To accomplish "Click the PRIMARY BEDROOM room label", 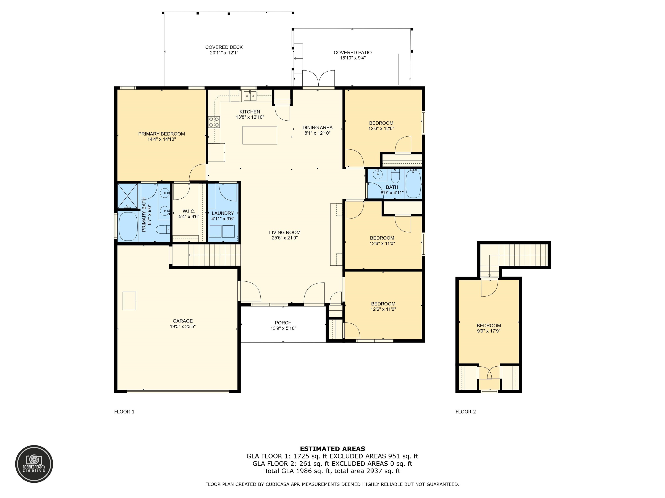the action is coord(161,134).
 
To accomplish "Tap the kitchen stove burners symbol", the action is coord(214,122).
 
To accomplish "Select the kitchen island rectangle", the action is coord(260,135).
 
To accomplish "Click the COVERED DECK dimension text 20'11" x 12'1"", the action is coord(224,53).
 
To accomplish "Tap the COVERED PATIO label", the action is coord(353,53).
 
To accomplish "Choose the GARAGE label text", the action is coord(183,321).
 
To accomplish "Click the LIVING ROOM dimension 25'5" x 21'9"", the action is coord(285,238).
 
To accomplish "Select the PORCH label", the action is coord(283,323).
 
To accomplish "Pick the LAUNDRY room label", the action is coord(223,213).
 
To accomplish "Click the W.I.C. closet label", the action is coord(189,211).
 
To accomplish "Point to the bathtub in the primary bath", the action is coord(128,226).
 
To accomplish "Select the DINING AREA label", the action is coord(318,128).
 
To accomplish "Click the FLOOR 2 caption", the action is coord(466,412).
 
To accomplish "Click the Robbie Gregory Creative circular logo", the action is coord(34,464).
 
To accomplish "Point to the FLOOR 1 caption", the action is coord(124,412).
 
